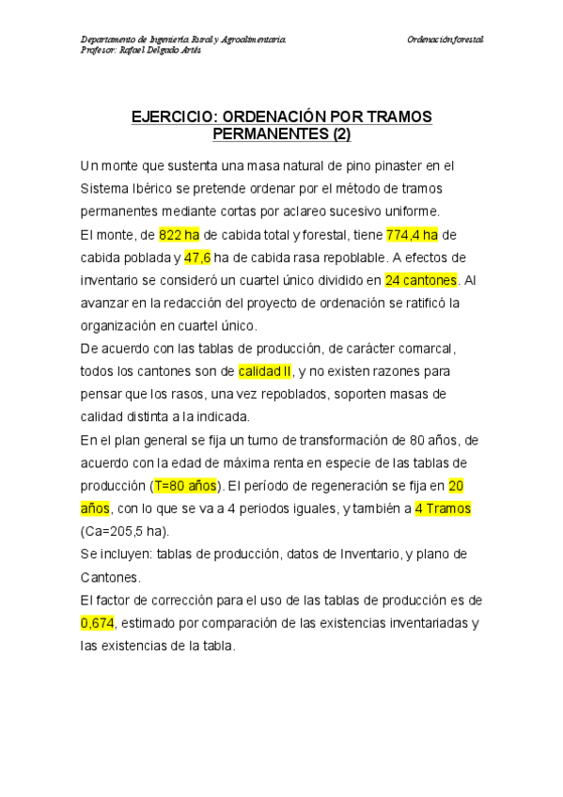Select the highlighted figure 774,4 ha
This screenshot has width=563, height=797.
tap(412, 235)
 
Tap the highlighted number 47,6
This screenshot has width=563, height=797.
tap(197, 258)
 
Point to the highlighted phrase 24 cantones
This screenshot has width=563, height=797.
tap(420, 280)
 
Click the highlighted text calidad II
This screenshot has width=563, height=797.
tap(266, 371)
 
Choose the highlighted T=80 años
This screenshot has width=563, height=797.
tap(186, 486)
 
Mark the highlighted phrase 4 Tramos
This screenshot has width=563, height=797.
tap(443, 508)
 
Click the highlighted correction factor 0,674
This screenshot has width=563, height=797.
tap(97, 623)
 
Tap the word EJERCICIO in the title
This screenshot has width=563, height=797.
tap(174, 117)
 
